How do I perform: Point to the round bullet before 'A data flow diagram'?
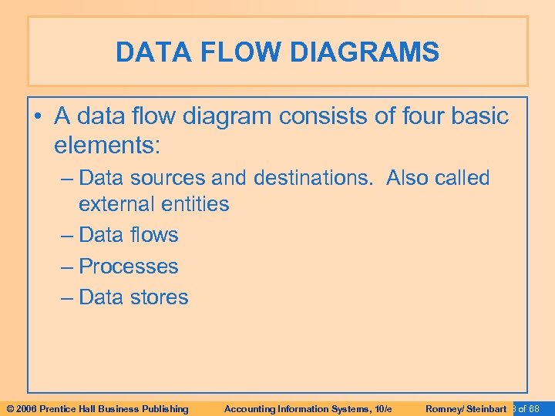coord(39,116)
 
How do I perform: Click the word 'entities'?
coord(198,204)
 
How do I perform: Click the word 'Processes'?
coord(129,267)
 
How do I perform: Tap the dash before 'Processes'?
coord(66,267)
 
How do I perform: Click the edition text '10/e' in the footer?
coord(381,408)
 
